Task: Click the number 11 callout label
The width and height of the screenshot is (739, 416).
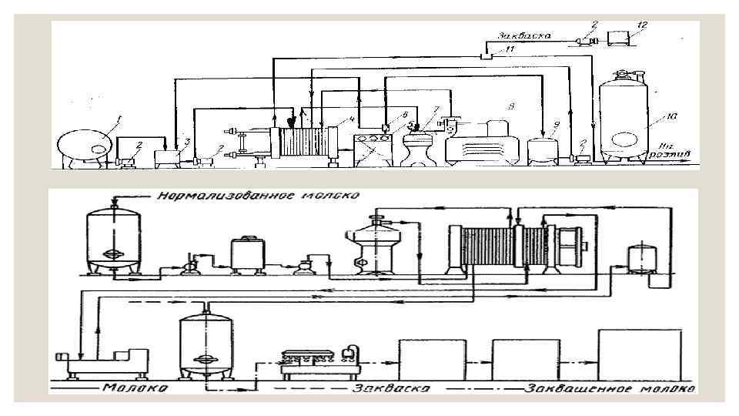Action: click(x=509, y=49)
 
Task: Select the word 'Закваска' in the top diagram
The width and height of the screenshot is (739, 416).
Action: click(x=524, y=35)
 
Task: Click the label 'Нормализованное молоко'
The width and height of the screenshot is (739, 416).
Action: click(x=258, y=196)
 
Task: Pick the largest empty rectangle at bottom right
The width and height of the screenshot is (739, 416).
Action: click(x=640, y=354)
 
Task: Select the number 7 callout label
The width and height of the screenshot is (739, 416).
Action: click(x=436, y=109)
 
